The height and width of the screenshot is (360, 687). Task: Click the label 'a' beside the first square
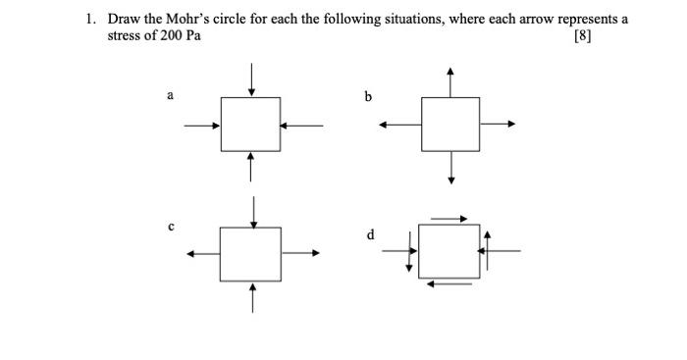pos(170,95)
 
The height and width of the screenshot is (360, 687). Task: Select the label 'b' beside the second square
pos(368,96)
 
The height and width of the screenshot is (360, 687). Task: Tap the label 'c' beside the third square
pos(170,227)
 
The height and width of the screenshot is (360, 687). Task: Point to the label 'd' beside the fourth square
pos(370,234)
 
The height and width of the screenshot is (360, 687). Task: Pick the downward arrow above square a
pos(252,79)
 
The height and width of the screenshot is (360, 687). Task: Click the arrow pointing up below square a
pos(252,166)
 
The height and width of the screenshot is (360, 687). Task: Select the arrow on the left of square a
pos(201,125)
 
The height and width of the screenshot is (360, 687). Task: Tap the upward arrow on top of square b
pos(450,81)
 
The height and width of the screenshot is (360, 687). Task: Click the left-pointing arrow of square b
pos(400,124)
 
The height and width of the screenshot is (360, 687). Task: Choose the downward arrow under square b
pos(450,167)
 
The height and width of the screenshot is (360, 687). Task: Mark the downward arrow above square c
pos(254,211)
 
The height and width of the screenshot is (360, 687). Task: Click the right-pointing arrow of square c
pos(301,253)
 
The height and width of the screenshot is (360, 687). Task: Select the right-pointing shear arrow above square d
pos(449,218)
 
